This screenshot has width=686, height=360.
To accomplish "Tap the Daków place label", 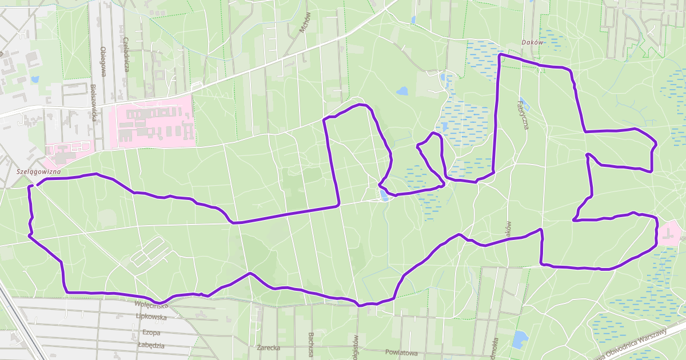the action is click(x=532, y=42).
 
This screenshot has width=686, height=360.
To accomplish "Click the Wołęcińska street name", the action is click(x=151, y=305).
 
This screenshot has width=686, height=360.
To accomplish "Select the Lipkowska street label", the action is click(x=151, y=316).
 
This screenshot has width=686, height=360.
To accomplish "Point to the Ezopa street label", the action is click(x=151, y=333).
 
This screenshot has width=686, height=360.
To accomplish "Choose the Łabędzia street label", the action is click(x=151, y=345).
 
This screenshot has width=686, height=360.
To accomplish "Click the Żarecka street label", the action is click(x=268, y=347).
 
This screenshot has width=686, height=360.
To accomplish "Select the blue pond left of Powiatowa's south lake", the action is click(x=520, y=339).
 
